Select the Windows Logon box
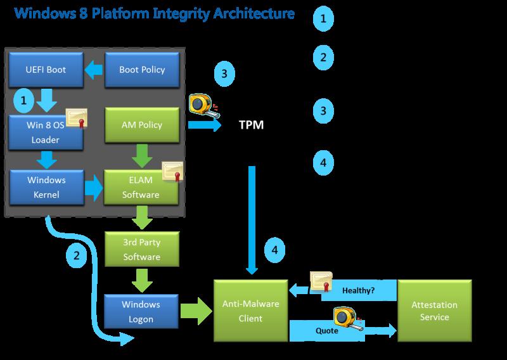141,311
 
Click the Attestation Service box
434,311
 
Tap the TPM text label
251,125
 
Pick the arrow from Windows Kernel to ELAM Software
94,187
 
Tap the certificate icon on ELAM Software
172,171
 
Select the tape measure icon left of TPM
203,105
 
